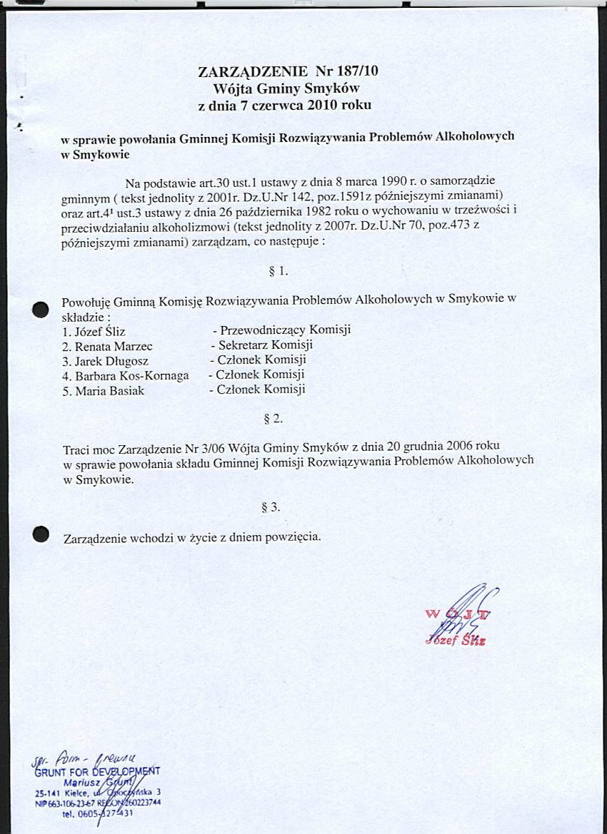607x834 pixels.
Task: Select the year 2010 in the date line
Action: (326, 105)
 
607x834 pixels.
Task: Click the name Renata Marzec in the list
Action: (108, 346)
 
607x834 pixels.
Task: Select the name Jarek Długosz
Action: (106, 361)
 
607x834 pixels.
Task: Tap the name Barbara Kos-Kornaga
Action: (126, 375)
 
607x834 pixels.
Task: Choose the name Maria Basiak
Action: (104, 390)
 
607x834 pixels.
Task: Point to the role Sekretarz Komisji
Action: (266, 345)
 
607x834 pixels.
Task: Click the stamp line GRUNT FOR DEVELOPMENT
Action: (97, 771)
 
